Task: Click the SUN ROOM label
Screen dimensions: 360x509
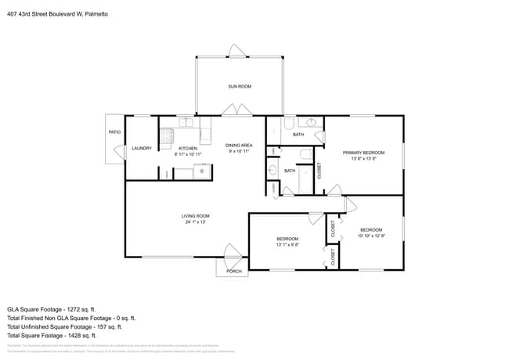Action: click(x=240, y=86)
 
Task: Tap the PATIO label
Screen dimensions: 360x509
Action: click(x=114, y=132)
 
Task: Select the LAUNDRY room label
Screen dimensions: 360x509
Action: click(x=142, y=148)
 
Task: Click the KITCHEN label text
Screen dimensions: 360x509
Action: click(x=188, y=148)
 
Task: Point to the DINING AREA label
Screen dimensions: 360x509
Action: click(x=239, y=145)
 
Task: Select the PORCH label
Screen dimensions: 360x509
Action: click(x=233, y=272)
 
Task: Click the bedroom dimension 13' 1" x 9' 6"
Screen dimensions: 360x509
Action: click(x=287, y=244)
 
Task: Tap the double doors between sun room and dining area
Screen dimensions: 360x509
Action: click(x=238, y=111)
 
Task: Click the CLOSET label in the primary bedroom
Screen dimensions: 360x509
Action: click(x=319, y=170)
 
